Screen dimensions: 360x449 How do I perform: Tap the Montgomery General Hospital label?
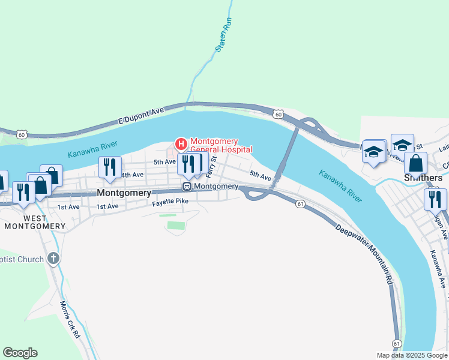click(x=221, y=145)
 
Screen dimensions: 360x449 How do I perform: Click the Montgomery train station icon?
click(x=187, y=187)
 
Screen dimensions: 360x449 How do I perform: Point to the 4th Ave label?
click(x=133, y=175)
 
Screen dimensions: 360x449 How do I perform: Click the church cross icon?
click(x=53, y=259)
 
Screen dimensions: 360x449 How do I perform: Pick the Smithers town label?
click(x=423, y=178)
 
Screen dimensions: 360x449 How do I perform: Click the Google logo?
click(x=20, y=353)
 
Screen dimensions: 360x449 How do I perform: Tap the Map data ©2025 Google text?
click(x=411, y=355)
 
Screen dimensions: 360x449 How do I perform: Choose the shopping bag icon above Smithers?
click(x=415, y=163)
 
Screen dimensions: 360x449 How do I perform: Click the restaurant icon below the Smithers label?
click(x=435, y=198)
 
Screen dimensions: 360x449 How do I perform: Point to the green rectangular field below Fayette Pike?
click(x=174, y=226)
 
